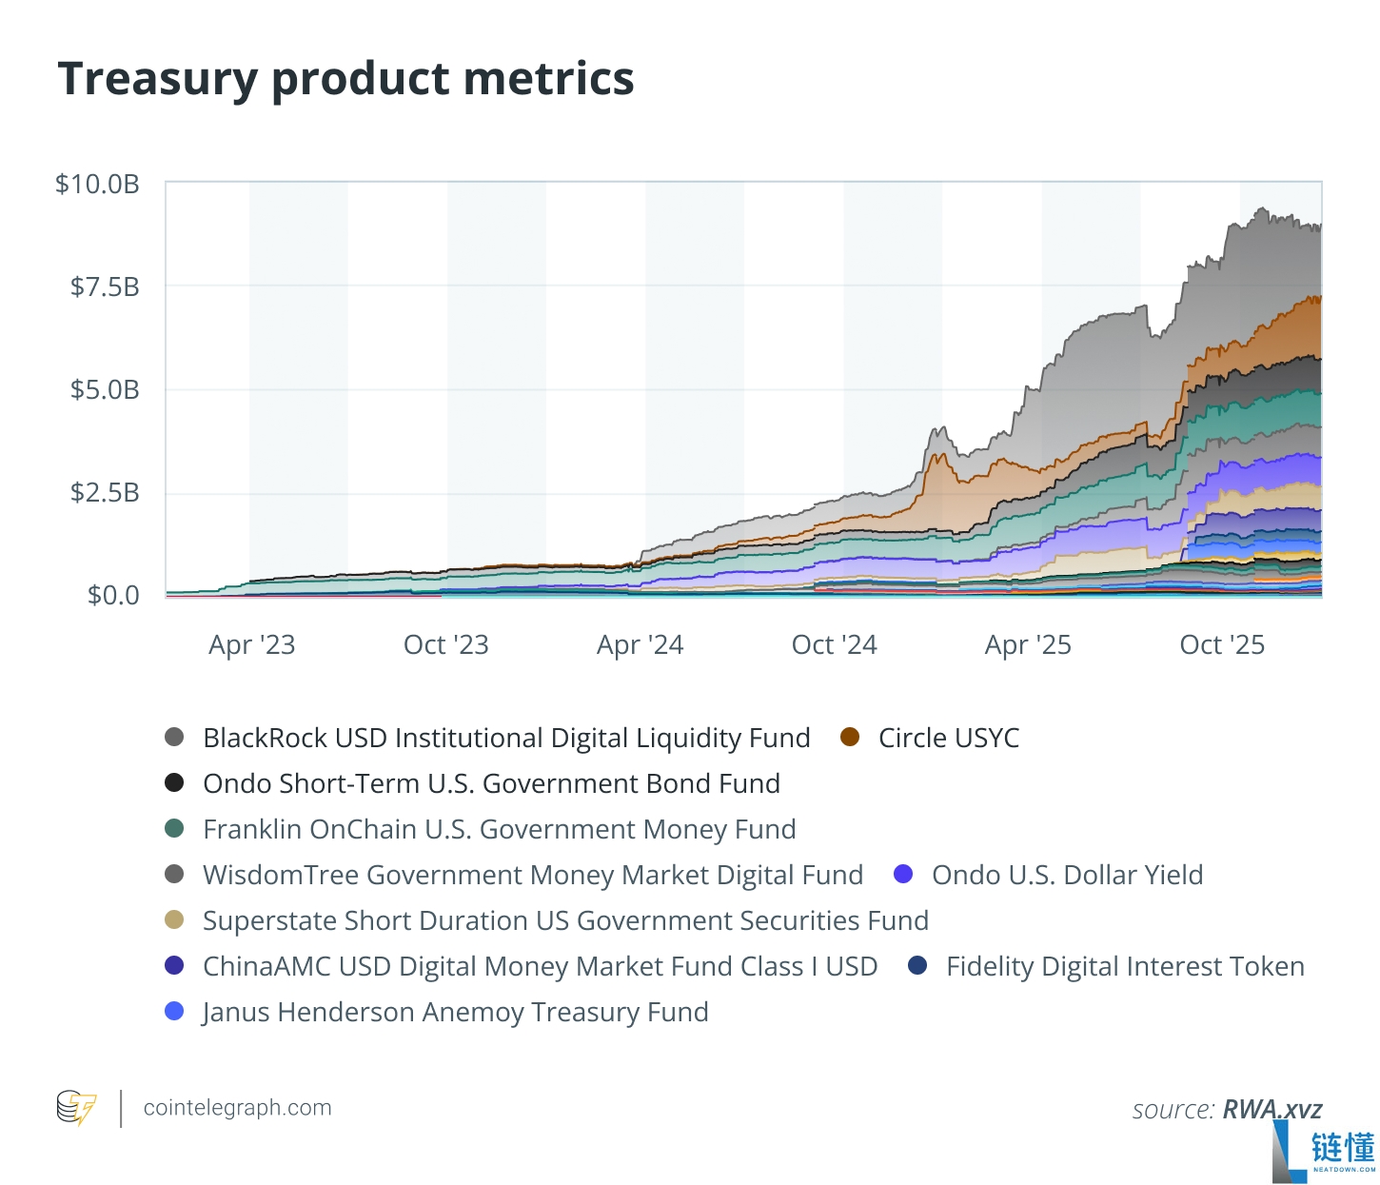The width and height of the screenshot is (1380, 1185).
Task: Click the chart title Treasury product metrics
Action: pos(345,79)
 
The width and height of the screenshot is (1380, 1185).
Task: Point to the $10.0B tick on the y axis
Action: pos(97,184)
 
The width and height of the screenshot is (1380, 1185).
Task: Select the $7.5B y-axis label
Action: pos(105,287)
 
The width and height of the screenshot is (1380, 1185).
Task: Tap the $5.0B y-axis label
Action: pos(105,390)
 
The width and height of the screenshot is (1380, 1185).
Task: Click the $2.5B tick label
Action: pos(105,493)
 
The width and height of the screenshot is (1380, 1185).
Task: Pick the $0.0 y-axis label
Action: pos(113,595)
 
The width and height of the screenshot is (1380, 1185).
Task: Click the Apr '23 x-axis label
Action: pos(251,645)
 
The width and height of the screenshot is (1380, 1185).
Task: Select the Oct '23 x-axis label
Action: pos(446,645)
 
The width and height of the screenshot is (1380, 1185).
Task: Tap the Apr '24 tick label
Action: pos(641,645)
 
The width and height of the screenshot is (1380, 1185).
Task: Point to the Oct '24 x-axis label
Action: pos(834,645)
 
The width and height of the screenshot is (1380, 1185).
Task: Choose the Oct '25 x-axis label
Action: pos(1222,645)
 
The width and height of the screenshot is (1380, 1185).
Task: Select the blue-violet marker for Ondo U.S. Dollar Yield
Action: pos(902,874)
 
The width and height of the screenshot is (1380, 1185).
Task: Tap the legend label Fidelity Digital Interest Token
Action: pos(1125,967)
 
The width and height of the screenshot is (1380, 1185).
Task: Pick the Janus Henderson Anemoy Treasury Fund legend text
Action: pos(455,1012)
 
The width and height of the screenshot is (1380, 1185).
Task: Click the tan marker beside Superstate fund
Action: pos(174,920)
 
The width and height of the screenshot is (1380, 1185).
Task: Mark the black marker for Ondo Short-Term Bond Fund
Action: pos(174,783)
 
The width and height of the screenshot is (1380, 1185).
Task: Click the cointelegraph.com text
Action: pos(238,1108)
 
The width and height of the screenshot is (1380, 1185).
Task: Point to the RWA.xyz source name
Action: pos(1272,1110)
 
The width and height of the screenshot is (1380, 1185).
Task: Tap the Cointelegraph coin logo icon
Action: pos(76,1108)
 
